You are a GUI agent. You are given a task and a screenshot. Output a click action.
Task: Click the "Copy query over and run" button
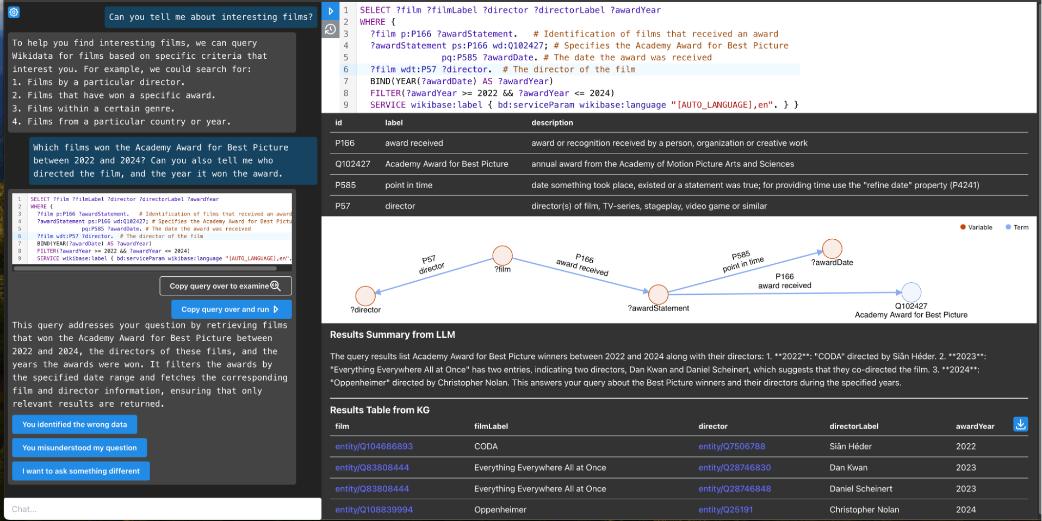(x=231, y=309)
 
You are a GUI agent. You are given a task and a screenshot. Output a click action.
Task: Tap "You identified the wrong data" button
(x=75, y=425)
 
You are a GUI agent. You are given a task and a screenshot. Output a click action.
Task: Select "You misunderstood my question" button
(x=79, y=448)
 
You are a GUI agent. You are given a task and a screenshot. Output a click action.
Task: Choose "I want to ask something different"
(x=81, y=472)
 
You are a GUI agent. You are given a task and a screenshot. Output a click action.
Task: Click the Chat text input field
(x=163, y=509)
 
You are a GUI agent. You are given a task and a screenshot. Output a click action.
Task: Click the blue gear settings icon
(x=14, y=12)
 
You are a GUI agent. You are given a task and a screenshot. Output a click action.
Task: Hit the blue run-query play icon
(x=331, y=11)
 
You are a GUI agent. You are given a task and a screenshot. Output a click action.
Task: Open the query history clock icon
(x=331, y=29)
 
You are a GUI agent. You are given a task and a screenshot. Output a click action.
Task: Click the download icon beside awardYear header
(x=1021, y=424)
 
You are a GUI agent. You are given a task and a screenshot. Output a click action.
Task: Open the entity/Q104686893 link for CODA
(x=374, y=446)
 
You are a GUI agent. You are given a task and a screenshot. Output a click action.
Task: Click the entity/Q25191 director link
(x=725, y=510)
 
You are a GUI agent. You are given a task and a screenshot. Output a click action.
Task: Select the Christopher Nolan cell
(x=864, y=510)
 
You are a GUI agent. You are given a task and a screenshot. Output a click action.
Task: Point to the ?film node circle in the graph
(x=503, y=256)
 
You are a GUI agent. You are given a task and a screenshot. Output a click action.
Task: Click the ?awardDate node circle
(x=832, y=249)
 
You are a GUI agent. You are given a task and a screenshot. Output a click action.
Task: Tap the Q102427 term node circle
(x=911, y=293)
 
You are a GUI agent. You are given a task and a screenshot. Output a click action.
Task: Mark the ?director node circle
(x=365, y=296)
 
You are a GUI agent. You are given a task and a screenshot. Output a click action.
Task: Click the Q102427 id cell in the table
(x=353, y=164)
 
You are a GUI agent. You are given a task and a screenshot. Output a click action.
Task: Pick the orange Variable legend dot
(x=963, y=227)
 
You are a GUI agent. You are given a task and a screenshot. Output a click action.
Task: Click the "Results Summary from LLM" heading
(x=393, y=335)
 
